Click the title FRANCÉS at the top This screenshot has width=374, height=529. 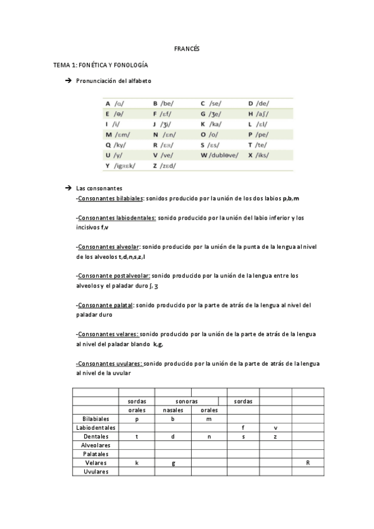[186, 49]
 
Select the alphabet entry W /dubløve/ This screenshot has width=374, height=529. [219, 154]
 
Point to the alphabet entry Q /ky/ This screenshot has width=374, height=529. [117, 143]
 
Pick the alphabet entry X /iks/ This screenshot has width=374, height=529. [258, 154]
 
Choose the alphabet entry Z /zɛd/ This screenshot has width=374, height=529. [164, 165]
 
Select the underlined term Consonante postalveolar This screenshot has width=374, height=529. [114, 275]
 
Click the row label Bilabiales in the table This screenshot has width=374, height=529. [96, 419]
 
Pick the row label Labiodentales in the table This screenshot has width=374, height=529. [96, 428]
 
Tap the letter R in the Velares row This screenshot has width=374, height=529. [308, 463]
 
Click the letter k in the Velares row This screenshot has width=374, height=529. [137, 463]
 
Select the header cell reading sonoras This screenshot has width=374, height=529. [187, 401]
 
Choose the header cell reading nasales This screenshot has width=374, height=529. [173, 410]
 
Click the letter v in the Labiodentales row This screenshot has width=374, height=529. [275, 428]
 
